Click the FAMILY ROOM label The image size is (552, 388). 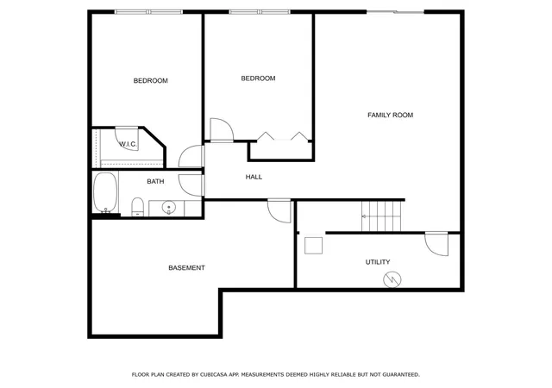(x=390, y=115)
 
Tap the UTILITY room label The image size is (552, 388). (x=378, y=262)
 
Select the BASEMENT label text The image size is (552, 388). (x=186, y=268)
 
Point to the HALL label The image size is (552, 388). (x=254, y=177)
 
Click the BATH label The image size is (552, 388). (x=155, y=181)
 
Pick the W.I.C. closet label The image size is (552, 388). (x=128, y=144)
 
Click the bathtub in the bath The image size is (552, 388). (x=105, y=192)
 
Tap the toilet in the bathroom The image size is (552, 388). (x=138, y=207)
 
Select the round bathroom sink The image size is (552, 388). (x=169, y=208)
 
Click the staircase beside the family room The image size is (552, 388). (x=381, y=216)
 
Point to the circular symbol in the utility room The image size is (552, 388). (x=392, y=280)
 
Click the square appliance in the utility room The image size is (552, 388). (x=314, y=246)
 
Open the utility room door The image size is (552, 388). (x=436, y=244)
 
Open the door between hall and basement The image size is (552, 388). (x=279, y=211)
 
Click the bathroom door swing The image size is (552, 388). (x=191, y=185)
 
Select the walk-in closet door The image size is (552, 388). (x=127, y=139)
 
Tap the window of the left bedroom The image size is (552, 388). (x=149, y=12)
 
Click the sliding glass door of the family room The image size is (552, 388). (x=395, y=12)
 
